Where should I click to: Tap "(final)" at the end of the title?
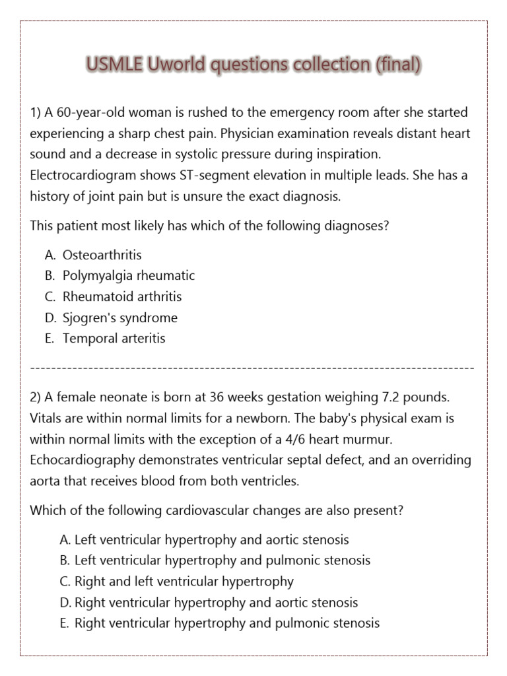(x=397, y=65)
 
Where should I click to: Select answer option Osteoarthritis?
(x=102, y=255)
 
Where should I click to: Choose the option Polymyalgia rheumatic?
(x=128, y=276)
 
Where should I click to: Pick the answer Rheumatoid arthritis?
(x=121, y=296)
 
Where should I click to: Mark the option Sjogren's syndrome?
(x=119, y=318)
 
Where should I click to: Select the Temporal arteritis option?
(x=114, y=339)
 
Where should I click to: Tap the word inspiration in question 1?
(x=347, y=154)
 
